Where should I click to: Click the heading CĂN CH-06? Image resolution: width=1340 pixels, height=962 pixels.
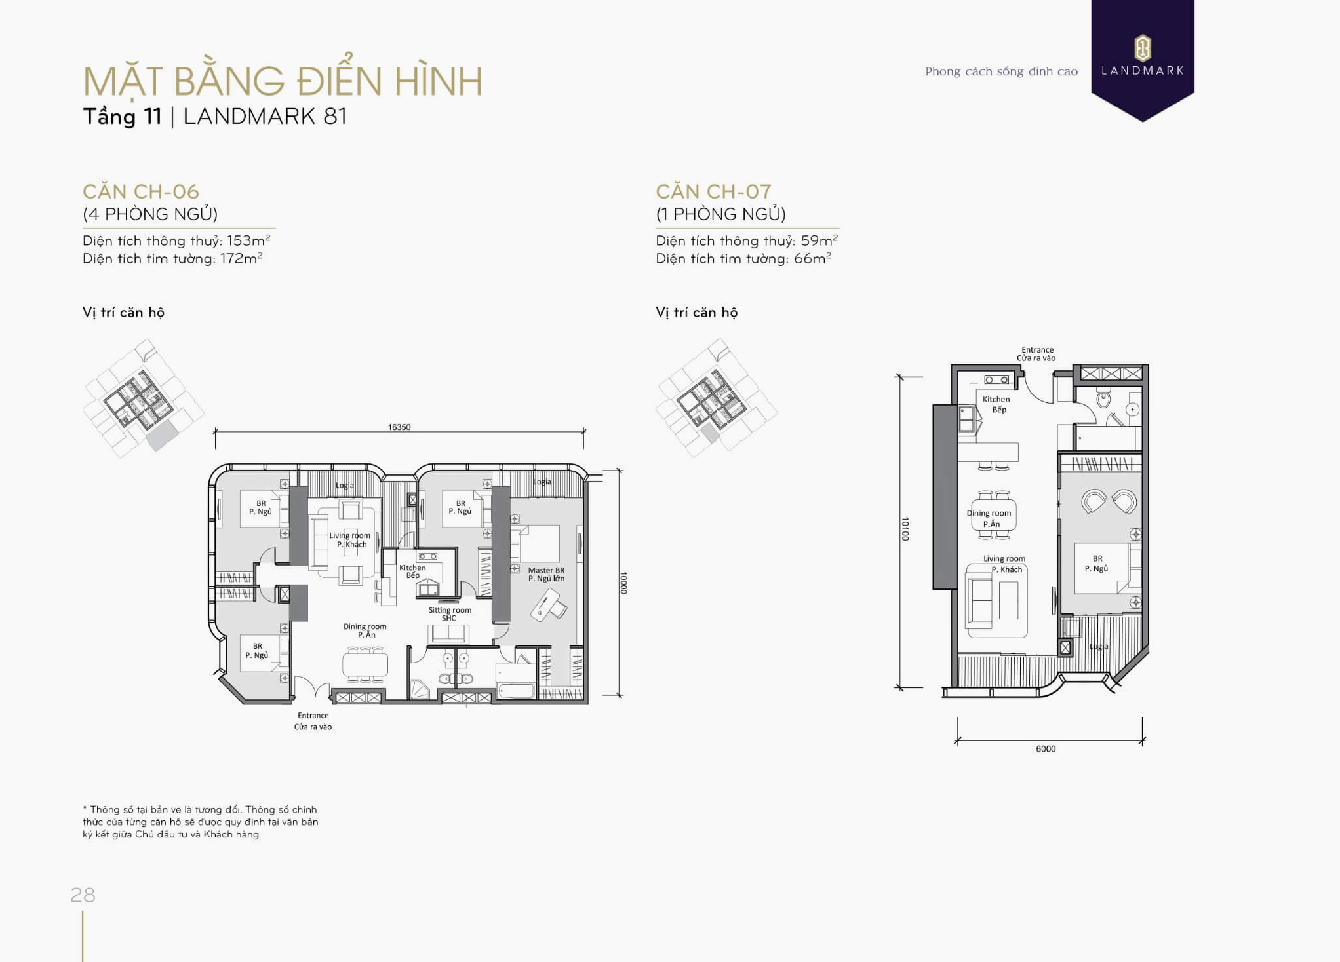click(x=140, y=191)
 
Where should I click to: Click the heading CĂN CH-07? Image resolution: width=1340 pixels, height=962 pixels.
click(x=713, y=191)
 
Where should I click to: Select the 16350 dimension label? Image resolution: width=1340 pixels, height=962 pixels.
click(x=399, y=427)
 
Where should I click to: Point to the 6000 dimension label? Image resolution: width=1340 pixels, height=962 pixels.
click(x=1045, y=749)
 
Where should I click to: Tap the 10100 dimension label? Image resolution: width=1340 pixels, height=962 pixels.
click(x=905, y=529)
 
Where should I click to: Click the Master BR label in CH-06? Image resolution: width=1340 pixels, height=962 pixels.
click(x=545, y=574)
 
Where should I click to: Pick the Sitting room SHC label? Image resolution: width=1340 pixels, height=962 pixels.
click(x=450, y=614)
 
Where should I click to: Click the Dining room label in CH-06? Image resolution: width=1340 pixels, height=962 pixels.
click(x=365, y=630)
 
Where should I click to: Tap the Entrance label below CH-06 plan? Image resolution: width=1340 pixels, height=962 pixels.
click(x=313, y=721)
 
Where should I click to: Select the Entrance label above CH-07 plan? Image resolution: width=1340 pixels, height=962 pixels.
click(x=1036, y=354)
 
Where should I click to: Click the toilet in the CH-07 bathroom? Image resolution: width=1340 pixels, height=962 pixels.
click(x=1103, y=399)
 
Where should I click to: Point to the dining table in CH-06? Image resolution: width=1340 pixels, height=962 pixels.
click(x=365, y=665)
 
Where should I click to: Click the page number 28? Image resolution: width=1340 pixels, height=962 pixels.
click(x=83, y=895)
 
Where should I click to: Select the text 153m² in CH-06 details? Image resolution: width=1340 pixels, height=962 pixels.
click(x=248, y=240)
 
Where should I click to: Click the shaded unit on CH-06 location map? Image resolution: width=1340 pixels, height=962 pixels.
click(x=161, y=435)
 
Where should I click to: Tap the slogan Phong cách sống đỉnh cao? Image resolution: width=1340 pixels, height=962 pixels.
click(x=1000, y=71)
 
